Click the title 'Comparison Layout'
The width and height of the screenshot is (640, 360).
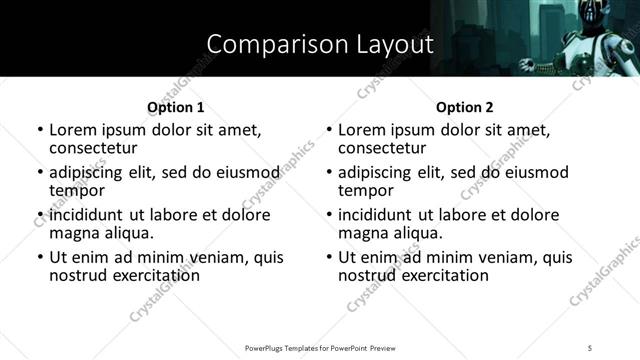click(320, 44)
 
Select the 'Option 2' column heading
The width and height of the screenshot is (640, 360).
click(465, 106)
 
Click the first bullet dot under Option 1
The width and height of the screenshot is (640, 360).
click(40, 130)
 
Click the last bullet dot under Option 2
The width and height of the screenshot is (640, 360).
click(329, 257)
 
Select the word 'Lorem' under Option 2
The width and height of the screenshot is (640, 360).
click(361, 130)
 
